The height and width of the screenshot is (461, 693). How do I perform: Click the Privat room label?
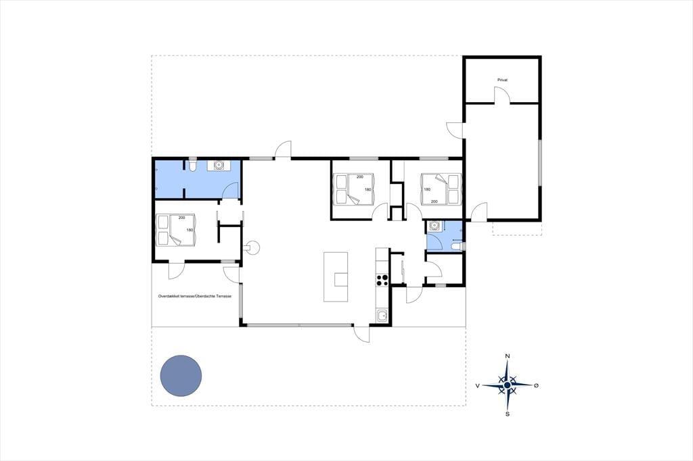[x=503, y=80]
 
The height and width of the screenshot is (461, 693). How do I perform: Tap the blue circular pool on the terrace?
[x=181, y=375]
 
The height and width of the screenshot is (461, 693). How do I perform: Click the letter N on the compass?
[x=508, y=356]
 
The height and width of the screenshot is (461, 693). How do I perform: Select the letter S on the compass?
[x=508, y=414]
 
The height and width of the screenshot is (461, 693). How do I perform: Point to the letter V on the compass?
[x=478, y=385]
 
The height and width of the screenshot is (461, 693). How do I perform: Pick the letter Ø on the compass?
[x=536, y=385]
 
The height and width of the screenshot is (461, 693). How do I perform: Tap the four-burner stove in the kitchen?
[x=382, y=280]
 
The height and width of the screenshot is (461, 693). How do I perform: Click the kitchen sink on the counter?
[x=382, y=316]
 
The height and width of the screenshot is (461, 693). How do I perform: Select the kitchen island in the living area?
[x=336, y=277]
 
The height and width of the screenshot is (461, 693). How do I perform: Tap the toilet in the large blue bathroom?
[x=192, y=164]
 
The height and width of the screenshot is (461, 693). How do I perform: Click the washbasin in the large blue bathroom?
[x=219, y=165]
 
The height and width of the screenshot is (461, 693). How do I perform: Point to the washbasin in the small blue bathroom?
[x=434, y=226]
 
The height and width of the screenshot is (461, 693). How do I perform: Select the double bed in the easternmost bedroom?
[x=441, y=189]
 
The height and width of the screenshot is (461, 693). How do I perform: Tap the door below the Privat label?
[x=501, y=95]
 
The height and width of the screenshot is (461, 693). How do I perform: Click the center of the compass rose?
[x=508, y=385]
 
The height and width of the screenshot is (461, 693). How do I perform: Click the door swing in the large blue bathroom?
[x=230, y=191]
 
